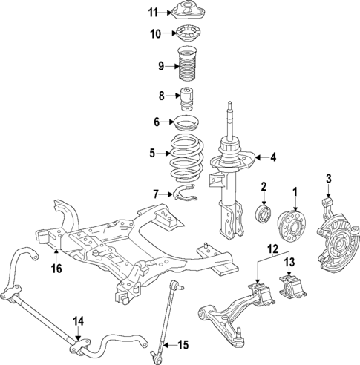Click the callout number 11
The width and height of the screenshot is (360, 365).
click(153, 12)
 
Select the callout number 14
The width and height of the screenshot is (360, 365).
click(79, 320)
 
